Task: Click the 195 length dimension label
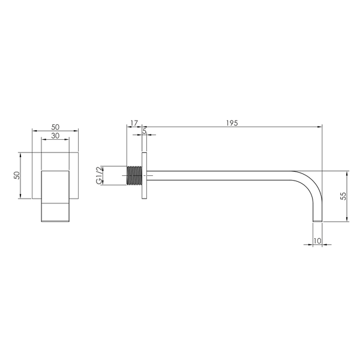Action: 232,123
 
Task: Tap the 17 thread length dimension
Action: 134,123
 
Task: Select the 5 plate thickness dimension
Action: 145,131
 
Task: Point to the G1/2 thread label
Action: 99,175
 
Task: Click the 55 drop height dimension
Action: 343,196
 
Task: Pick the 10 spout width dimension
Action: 317,241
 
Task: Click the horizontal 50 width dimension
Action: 55,127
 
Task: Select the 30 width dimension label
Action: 55,136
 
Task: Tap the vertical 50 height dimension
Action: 17,175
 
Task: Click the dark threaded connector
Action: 134,175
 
